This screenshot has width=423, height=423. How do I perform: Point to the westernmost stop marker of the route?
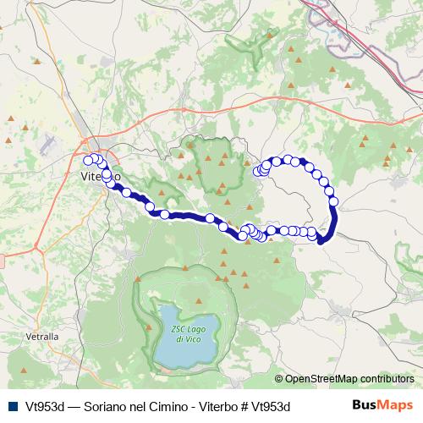click(88, 159)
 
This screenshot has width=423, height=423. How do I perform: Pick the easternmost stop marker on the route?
click(333, 201)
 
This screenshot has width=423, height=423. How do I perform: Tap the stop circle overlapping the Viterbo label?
click(107, 175)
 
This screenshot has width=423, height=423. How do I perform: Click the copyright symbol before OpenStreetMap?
click(278, 380)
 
